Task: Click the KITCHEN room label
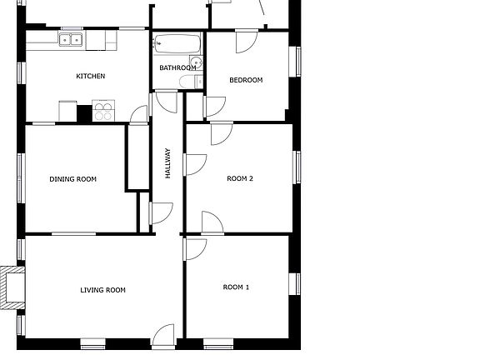(x=91, y=77)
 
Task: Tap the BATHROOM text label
(x=177, y=68)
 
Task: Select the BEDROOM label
(x=246, y=81)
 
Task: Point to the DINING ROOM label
(x=72, y=179)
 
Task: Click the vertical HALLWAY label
(x=167, y=163)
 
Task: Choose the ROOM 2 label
(x=240, y=179)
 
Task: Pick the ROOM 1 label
(x=236, y=287)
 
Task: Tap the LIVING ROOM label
(x=102, y=290)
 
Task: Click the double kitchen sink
(x=71, y=38)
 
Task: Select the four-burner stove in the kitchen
(x=103, y=112)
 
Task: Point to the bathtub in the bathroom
(x=177, y=43)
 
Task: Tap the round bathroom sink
(x=197, y=62)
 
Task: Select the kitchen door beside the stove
(x=139, y=115)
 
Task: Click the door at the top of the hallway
(x=166, y=102)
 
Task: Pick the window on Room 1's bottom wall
(x=218, y=342)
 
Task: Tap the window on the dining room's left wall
(x=21, y=177)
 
